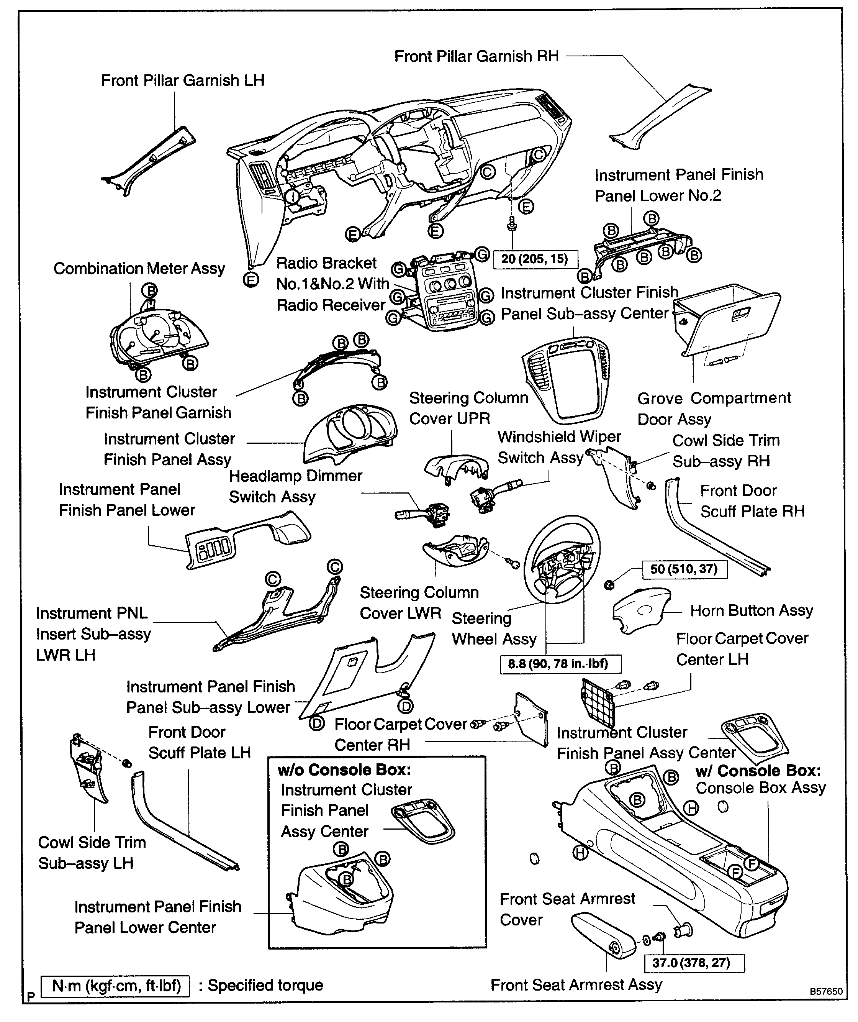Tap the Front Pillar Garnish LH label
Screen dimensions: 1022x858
tap(182, 81)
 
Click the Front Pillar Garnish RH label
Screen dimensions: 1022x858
tap(476, 56)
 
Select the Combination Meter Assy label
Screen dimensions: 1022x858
tap(139, 269)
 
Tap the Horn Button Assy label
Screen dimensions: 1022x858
tap(752, 611)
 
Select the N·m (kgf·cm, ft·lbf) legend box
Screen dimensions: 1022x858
tap(116, 986)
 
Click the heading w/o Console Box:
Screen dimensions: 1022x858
tap(344, 770)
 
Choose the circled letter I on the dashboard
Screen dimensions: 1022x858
tap(292, 196)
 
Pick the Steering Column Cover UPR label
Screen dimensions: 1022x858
tap(468, 408)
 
